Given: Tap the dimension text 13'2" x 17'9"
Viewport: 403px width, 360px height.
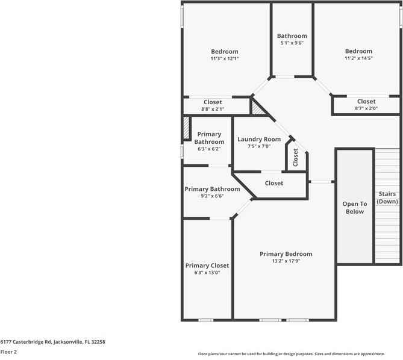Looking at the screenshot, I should point(286,261).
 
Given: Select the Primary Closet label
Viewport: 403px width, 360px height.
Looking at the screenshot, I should point(207,265).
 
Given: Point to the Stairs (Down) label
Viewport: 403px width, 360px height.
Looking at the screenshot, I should point(387,198).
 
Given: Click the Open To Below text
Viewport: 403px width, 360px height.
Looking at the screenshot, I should point(355,208).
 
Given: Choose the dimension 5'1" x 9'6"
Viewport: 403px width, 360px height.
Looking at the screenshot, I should point(292,43).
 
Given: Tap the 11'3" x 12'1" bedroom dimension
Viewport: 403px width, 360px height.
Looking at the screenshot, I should point(224,59).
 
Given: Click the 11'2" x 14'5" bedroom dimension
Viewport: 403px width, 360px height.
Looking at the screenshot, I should point(358,59).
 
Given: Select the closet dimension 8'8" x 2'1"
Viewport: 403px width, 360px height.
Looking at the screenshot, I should point(212,110).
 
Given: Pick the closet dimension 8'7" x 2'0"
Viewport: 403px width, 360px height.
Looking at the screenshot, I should point(366,109).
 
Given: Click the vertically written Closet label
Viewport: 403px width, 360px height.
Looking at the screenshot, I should point(296,158).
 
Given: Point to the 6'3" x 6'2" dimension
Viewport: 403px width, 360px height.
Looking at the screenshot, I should point(208,149).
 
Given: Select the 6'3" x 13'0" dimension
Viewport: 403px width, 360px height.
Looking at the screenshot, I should point(207,273).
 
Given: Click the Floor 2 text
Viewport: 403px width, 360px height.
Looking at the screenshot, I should point(8,352).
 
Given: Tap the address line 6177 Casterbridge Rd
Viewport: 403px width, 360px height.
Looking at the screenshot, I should point(52,341).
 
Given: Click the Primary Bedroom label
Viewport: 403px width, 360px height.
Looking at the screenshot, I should point(286,254).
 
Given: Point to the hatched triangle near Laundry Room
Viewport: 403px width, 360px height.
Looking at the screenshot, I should point(257,108).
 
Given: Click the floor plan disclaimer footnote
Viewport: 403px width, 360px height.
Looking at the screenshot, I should point(299,354).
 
